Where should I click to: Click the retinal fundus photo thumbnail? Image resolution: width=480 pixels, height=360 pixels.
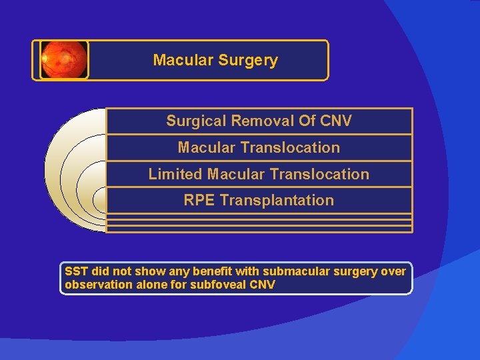(x=63, y=60)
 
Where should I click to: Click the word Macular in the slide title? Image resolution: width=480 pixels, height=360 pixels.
(x=179, y=60)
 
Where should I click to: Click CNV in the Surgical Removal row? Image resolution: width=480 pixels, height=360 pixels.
(x=335, y=121)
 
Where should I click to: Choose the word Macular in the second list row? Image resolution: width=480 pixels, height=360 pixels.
(x=203, y=147)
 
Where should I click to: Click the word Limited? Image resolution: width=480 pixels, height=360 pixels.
(x=175, y=174)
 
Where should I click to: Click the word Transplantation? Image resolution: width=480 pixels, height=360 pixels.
(x=277, y=200)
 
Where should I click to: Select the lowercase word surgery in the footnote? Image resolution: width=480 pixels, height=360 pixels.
(x=363, y=271)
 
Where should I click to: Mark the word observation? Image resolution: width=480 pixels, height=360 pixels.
(x=97, y=285)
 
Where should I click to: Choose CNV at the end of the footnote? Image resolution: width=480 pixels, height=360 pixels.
(x=262, y=285)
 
